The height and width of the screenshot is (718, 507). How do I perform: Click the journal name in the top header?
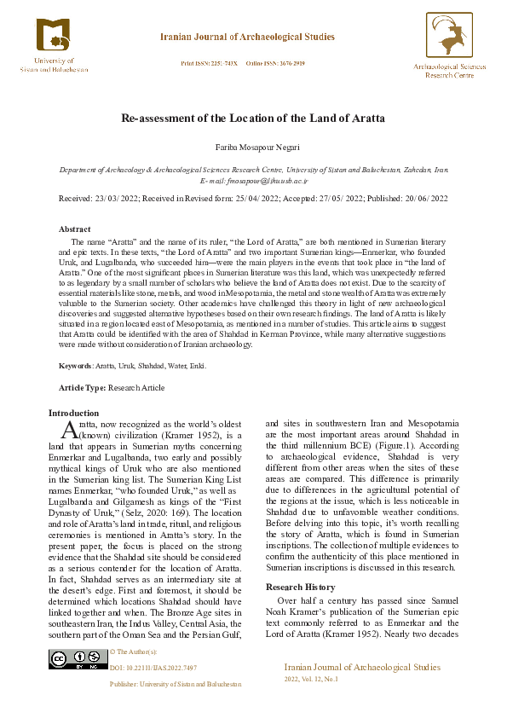click(247, 38)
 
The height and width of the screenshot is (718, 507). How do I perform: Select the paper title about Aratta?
click(253, 117)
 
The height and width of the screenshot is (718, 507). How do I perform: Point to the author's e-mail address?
click(254, 182)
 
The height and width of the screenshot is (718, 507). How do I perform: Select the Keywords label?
click(74, 366)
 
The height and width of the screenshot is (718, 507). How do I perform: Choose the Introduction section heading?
click(73, 414)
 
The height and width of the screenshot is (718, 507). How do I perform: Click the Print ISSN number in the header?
click(210, 64)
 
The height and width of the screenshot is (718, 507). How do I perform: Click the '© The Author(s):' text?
click(135, 651)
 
